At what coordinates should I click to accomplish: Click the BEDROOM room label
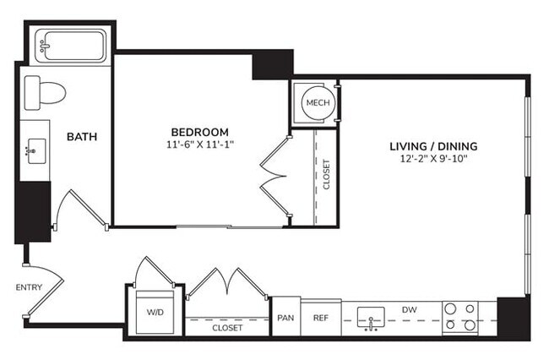200,132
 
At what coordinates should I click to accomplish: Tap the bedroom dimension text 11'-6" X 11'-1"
200,145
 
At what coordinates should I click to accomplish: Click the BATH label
82,136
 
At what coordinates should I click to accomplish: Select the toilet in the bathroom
45,91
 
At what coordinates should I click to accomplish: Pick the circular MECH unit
318,103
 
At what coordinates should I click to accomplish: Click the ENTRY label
29,287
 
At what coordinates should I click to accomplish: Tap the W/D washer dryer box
155,313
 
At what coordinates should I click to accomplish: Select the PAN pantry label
285,319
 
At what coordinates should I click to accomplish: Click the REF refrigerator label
321,319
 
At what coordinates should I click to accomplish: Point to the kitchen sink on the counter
371,319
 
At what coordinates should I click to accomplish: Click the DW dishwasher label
410,309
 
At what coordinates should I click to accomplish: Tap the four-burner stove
459,317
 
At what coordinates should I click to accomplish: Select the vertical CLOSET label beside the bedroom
327,175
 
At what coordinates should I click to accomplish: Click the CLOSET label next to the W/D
227,327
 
